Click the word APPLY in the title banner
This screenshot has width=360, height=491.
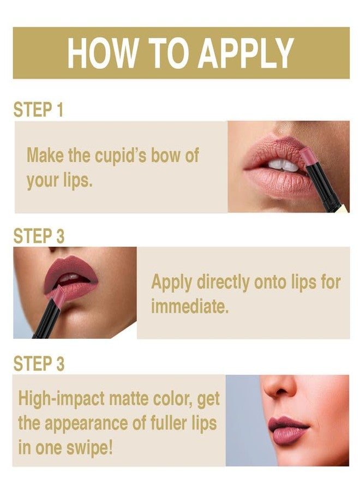pyautogui.click(x=246, y=53)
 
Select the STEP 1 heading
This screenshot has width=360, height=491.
pyautogui.click(x=38, y=109)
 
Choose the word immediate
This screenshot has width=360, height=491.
pyautogui.click(x=189, y=306)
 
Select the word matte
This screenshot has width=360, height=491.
pyautogui.click(x=123, y=399)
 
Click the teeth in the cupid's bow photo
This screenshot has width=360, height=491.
pyautogui.click(x=283, y=165)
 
